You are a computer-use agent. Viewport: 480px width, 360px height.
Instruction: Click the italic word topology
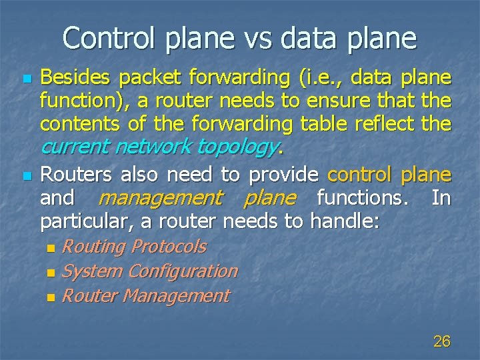click(243, 147)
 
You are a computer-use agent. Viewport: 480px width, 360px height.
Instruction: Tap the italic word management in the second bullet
click(160, 198)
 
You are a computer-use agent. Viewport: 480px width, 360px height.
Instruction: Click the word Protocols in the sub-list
click(169, 247)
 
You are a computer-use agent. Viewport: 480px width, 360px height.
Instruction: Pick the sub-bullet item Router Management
click(145, 296)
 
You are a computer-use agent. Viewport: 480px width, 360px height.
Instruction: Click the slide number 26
click(441, 342)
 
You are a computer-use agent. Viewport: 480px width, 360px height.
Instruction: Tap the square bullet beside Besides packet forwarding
click(27, 79)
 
